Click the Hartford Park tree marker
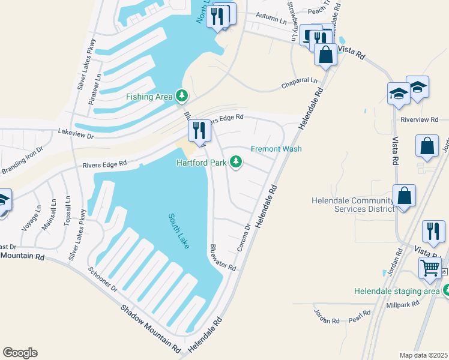pos(237,162)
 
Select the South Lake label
pos(179,231)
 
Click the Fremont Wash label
pos(276,149)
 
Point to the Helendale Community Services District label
pos(353,205)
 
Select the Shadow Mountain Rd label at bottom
pos(151,328)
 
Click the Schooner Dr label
pos(103,280)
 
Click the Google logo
pos(20,353)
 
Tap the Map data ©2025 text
pos(424,355)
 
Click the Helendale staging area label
pos(396,291)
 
